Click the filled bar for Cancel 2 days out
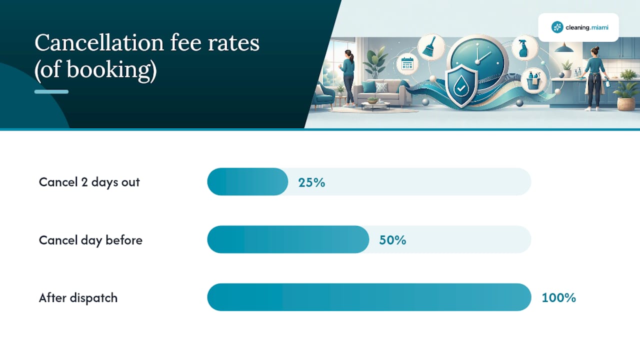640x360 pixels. coord(247,181)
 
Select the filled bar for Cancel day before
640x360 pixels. coord(288,239)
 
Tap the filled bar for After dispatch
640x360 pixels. coord(369,297)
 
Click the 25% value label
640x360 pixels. coord(311,182)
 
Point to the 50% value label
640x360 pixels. coord(392,240)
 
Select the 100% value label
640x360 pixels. coord(559,298)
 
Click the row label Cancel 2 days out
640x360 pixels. coord(89,182)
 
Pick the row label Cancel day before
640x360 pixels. coord(90,240)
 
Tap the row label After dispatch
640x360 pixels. coord(78,298)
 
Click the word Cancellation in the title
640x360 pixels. coord(99,43)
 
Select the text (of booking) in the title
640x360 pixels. coord(95,69)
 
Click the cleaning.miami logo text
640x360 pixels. coord(587,27)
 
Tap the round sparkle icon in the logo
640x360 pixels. coord(557,27)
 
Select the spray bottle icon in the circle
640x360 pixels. coord(524,47)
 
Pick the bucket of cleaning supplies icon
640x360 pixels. coord(533,80)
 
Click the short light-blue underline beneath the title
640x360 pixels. coord(51,91)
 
